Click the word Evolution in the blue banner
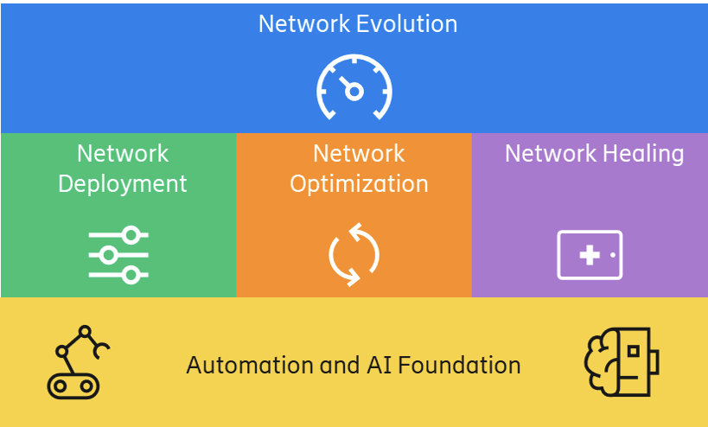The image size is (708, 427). [x=407, y=23]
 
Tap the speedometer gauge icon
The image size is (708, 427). [x=354, y=87]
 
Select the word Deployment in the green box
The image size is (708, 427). [x=122, y=184]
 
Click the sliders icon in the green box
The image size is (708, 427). [x=118, y=254]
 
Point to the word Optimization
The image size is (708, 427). [x=359, y=184]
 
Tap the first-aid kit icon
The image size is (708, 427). [x=590, y=255]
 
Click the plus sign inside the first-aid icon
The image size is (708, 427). [x=590, y=255]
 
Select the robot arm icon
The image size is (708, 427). [x=77, y=362]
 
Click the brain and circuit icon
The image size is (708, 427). [x=621, y=363]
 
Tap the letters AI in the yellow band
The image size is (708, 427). [x=361, y=366]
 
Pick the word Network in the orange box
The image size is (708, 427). [x=359, y=154]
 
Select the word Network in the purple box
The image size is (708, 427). [x=545, y=154]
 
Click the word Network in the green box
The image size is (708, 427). [x=123, y=154]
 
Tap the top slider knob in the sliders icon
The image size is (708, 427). [x=131, y=234]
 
